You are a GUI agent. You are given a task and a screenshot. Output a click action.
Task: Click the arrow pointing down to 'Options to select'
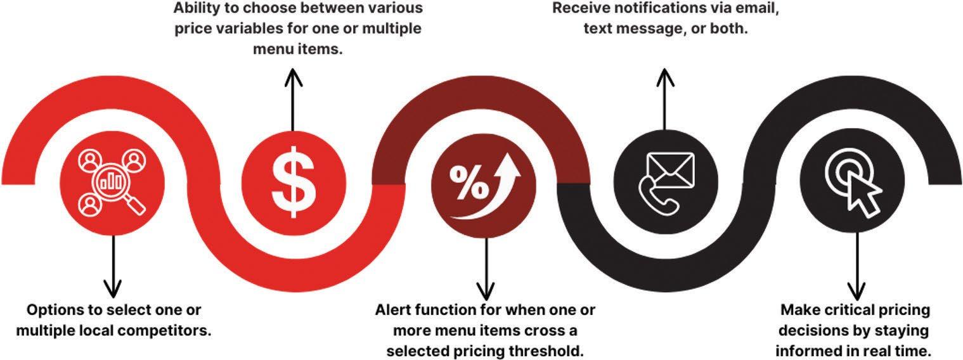113,266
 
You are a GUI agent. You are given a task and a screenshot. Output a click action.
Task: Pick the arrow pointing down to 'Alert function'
485,266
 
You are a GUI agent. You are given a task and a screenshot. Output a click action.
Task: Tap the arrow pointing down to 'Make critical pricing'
856,266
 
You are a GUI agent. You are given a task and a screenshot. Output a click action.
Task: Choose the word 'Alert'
396,311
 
